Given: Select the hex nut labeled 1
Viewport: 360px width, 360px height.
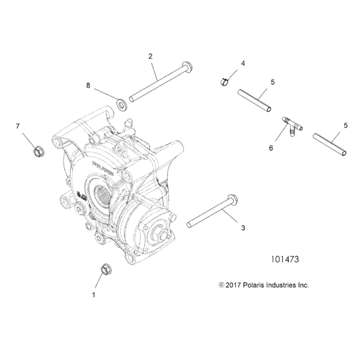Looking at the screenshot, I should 105,269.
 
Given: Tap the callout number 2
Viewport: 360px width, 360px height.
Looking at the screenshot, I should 150,57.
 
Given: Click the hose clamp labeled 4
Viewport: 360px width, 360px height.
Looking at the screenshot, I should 221,80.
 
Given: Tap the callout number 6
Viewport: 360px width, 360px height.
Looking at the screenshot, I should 271,148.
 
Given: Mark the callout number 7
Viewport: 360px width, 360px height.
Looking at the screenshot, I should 18,125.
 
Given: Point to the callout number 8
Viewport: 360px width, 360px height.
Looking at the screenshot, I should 88,85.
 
